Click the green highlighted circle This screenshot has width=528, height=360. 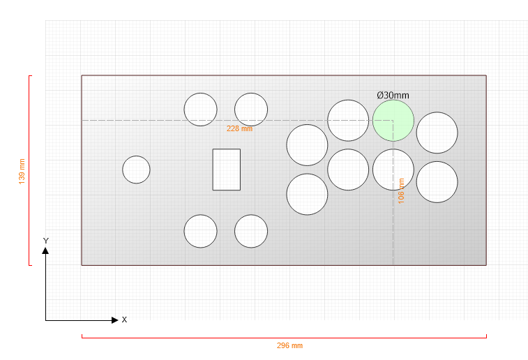tap(393, 121)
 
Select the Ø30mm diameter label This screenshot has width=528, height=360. tap(393, 96)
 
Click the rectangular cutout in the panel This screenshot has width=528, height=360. tap(226, 170)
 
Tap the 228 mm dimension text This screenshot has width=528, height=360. tap(239, 128)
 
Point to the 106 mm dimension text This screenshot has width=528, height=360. tap(401, 191)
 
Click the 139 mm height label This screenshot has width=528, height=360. tap(22, 172)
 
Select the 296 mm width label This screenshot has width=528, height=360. tap(289, 345)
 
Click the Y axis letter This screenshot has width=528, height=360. tap(46, 241)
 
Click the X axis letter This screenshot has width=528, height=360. tap(124, 320)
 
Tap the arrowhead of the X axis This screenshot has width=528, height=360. tap(115, 320)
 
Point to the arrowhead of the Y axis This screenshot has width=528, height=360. tap(45, 250)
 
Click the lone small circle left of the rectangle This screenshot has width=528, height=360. tap(137, 170)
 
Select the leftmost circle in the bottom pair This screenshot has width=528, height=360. tap(201, 231)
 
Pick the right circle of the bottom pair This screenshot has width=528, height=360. tap(251, 231)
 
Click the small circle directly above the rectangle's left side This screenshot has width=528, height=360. tap(201, 110)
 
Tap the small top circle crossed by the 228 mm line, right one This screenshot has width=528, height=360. tap(251, 110)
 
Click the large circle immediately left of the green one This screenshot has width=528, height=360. tap(348, 120)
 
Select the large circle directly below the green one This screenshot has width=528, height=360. tap(393, 170)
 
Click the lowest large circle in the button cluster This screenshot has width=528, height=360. tap(307, 194)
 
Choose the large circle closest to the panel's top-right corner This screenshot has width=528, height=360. tap(437, 133)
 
